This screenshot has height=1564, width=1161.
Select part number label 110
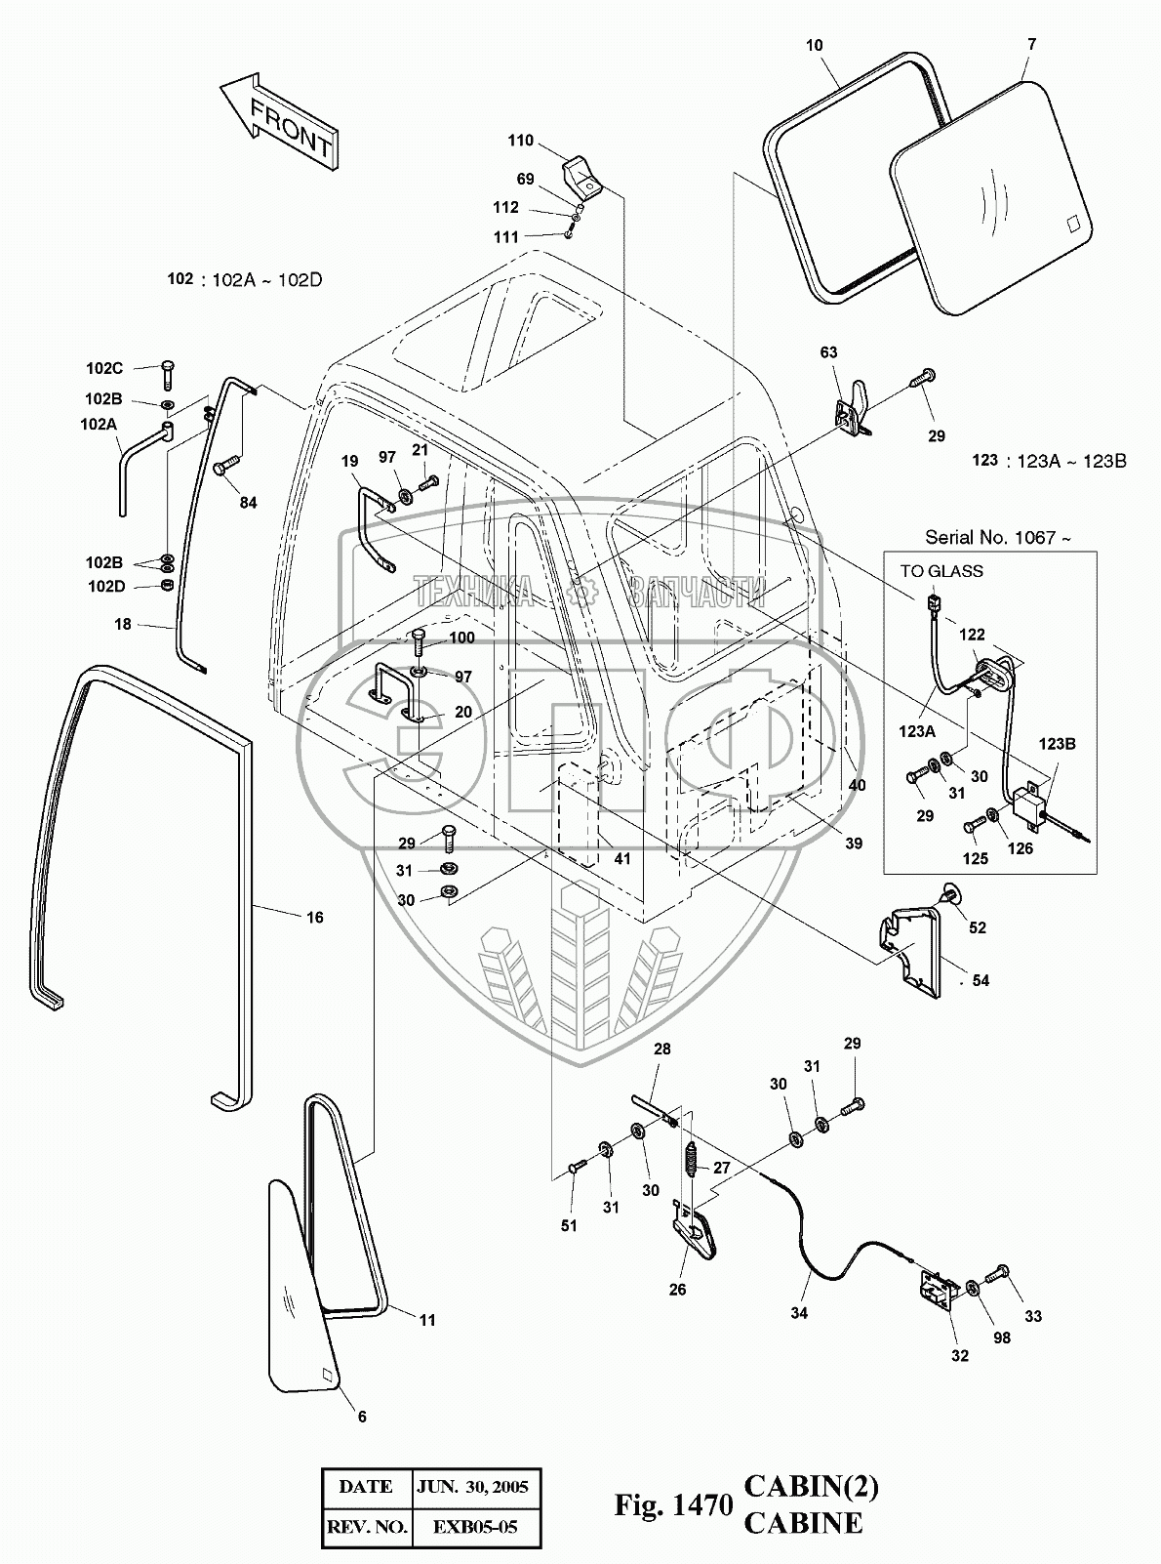(x=520, y=141)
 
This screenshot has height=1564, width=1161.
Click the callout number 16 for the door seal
(x=314, y=917)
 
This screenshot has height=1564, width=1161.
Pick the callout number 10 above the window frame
(x=815, y=45)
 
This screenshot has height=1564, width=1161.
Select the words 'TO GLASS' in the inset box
(x=941, y=571)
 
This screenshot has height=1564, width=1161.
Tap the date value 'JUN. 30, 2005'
(x=472, y=1487)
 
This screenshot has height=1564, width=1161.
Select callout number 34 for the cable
(x=798, y=1313)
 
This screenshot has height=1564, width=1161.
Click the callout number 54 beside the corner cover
(x=980, y=980)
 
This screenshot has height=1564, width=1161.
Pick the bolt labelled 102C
(x=166, y=371)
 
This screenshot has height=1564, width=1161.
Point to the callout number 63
(x=828, y=352)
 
